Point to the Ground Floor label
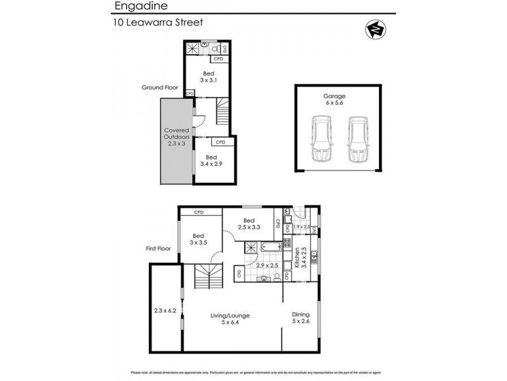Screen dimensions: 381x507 [x=160, y=88]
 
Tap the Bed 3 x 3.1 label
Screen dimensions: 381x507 [x=209, y=77]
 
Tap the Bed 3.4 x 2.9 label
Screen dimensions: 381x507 [x=211, y=160]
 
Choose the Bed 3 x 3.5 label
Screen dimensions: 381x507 [x=199, y=237]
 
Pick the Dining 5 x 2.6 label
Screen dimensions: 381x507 [x=300, y=317]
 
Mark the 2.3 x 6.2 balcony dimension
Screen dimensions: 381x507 [x=165, y=311]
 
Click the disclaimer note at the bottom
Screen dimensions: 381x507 [x=253, y=372]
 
